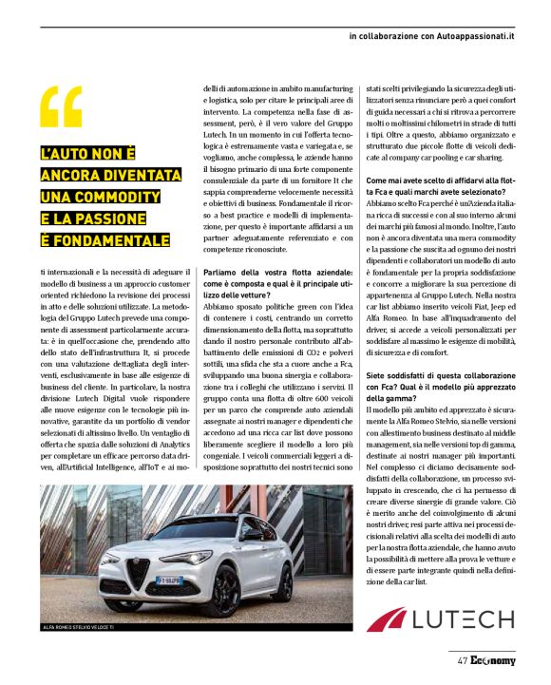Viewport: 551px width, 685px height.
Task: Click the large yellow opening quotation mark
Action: tap(62, 105)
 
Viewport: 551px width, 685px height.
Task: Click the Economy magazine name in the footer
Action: tap(492, 661)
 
